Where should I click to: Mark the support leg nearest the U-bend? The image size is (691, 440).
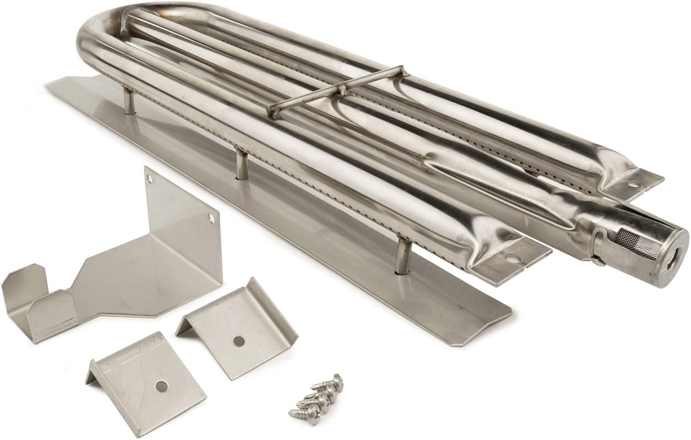click(x=128, y=102)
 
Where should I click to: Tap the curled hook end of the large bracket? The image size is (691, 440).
click(x=22, y=286)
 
